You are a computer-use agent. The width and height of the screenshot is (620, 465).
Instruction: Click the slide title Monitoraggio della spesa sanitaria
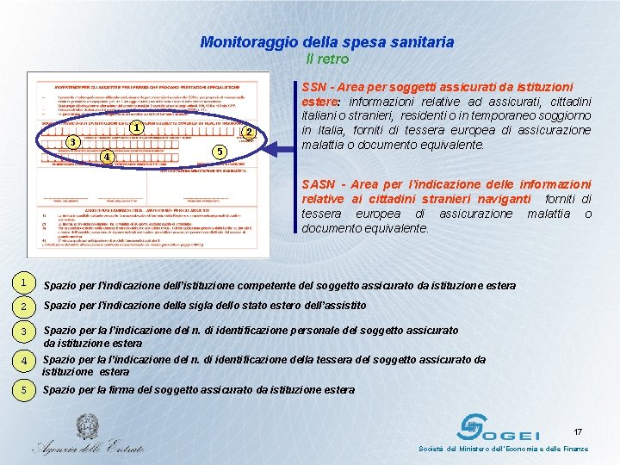(x=326, y=41)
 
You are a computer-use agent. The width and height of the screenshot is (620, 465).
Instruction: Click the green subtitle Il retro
(x=327, y=59)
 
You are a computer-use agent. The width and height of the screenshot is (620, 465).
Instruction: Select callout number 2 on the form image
(x=247, y=132)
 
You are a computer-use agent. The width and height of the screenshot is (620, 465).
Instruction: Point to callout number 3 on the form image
(x=73, y=142)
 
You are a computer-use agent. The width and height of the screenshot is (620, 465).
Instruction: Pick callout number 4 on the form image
(x=105, y=157)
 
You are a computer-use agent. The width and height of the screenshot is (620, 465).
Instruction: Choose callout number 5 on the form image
(x=220, y=152)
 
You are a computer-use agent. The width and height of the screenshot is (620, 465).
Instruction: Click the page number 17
(x=578, y=431)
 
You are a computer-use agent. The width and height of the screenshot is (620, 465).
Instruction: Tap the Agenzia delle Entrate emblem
(x=86, y=427)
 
